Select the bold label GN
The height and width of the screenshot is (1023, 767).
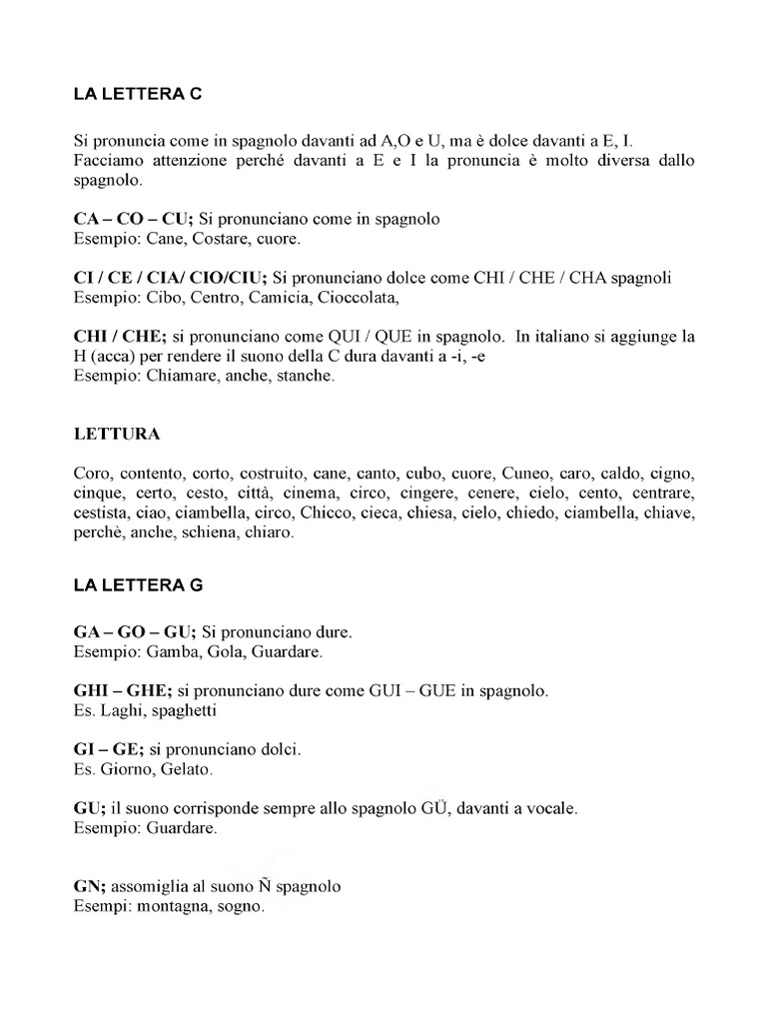coord(89,886)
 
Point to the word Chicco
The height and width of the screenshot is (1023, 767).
coord(325,514)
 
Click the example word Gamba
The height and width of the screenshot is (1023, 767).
coord(174,652)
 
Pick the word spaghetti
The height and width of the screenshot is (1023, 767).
coord(179,710)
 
